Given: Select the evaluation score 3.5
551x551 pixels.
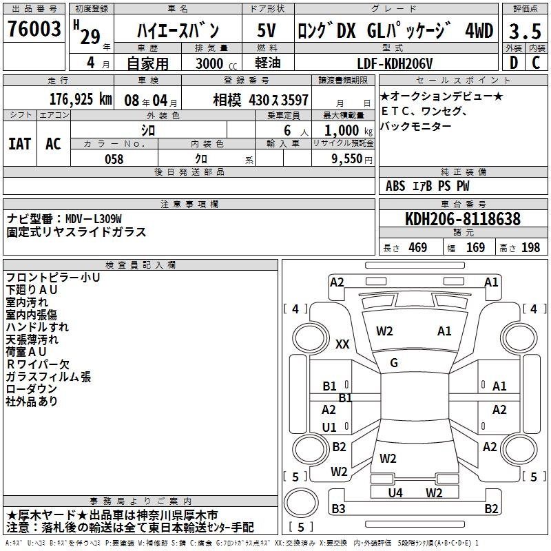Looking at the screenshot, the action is click(x=523, y=31).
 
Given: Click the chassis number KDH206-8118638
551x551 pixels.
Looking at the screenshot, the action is click(x=463, y=220).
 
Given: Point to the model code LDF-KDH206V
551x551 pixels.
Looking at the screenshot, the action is click(x=397, y=63).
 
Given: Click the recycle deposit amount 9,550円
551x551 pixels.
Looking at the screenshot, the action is click(x=351, y=159).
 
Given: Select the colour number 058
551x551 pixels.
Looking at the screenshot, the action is click(x=114, y=159).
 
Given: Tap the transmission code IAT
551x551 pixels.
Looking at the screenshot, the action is click(x=20, y=144).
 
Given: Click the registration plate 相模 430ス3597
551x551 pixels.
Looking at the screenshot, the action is click(x=260, y=99).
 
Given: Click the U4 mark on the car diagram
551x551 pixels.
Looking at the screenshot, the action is click(x=395, y=492).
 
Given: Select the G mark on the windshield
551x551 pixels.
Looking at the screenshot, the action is click(x=394, y=363).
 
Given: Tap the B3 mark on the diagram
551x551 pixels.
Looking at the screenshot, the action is click(x=338, y=509).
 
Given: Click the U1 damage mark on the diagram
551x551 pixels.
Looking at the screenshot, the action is click(x=330, y=427).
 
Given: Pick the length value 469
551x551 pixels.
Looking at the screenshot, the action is click(x=417, y=248).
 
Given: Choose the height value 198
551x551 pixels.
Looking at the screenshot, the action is click(x=530, y=248).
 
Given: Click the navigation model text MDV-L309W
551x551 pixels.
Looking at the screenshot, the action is click(x=94, y=219).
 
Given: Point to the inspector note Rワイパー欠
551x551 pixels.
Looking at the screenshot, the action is click(x=38, y=364).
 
